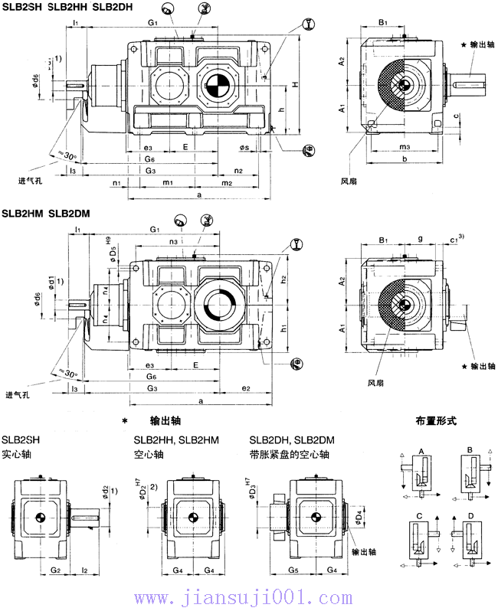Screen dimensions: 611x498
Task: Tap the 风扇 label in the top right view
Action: pyautogui.click(x=349, y=181)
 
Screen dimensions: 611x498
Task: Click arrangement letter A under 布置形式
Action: pyautogui.click(x=421, y=453)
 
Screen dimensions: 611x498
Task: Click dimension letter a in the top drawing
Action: pyautogui.click(x=199, y=196)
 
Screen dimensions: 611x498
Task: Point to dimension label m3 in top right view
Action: pyautogui.click(x=405, y=147)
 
